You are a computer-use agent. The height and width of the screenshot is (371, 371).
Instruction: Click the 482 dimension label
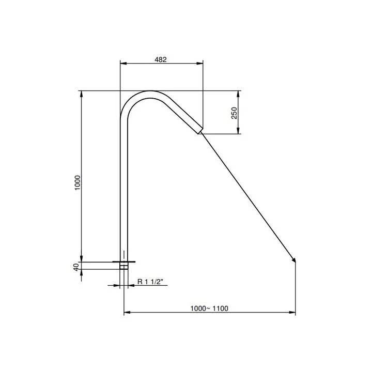click(x=161, y=59)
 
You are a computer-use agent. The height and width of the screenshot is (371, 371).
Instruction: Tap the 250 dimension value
click(x=234, y=113)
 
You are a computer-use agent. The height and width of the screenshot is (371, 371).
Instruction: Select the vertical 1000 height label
click(x=78, y=183)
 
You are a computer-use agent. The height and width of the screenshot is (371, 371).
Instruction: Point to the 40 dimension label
click(x=76, y=267)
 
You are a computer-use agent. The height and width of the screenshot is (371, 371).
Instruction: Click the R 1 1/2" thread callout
click(x=150, y=282)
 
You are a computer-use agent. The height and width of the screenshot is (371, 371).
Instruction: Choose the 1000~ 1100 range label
click(x=209, y=308)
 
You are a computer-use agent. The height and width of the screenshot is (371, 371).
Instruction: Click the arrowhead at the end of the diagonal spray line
click(x=293, y=260)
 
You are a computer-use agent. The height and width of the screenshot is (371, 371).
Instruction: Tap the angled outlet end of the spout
click(x=200, y=131)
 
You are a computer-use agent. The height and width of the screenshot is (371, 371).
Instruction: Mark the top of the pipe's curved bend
click(x=150, y=91)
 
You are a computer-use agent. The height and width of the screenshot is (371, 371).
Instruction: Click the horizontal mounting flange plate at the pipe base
click(x=123, y=261)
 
